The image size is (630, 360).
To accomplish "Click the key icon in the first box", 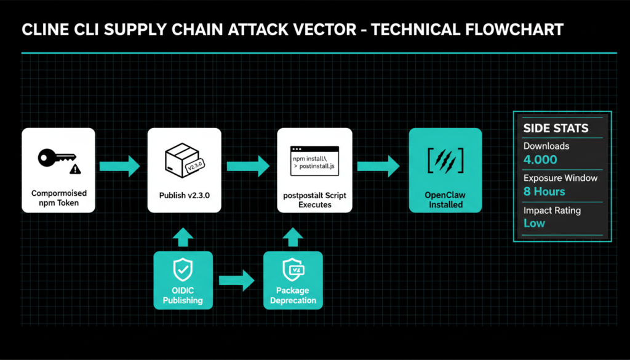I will point(54,158).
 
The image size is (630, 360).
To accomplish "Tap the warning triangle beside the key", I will point(75,168).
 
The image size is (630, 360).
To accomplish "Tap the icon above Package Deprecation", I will point(292,269).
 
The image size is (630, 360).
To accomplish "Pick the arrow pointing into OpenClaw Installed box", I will point(379,166).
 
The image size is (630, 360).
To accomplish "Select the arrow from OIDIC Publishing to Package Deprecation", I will point(237,280).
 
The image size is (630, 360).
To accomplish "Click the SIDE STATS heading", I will point(556,129).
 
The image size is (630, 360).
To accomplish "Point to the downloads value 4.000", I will point(540,160).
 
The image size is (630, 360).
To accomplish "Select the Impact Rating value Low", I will point(534,223).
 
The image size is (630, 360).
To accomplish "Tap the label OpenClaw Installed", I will point(445,200).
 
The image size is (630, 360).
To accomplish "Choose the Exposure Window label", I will point(560,178).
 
